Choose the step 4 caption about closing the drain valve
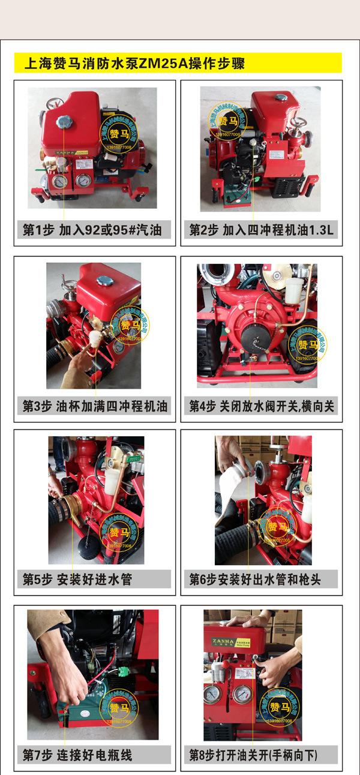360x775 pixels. click(x=262, y=405)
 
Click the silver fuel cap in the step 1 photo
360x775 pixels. click(x=64, y=122)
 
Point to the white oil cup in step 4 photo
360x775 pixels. click(x=293, y=290)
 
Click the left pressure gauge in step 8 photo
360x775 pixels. click(x=212, y=693)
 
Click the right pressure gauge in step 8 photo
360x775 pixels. click(x=242, y=694)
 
